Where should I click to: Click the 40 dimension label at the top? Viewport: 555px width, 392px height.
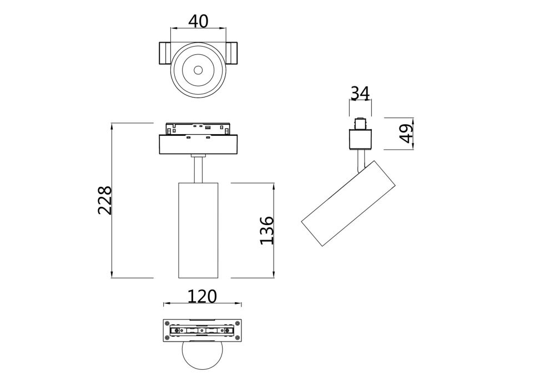coord(198,21)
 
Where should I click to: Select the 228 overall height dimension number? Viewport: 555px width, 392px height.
coord(105,200)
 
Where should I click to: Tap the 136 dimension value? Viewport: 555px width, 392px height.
coord(267,230)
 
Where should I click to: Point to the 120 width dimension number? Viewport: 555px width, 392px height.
coord(201,297)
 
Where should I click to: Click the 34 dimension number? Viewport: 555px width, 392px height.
coord(360,93)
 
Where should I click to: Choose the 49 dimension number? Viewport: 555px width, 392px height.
coord(407,134)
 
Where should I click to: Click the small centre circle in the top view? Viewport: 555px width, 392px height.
coord(198,70)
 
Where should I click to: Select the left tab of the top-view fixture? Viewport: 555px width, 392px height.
coord(165,54)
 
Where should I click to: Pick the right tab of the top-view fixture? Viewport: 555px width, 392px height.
coord(232,54)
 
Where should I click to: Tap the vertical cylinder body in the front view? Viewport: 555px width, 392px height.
coord(199,230)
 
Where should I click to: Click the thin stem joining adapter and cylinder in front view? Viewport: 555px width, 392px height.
coord(199,169)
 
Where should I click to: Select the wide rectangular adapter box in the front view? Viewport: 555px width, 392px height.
coord(199,145)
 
